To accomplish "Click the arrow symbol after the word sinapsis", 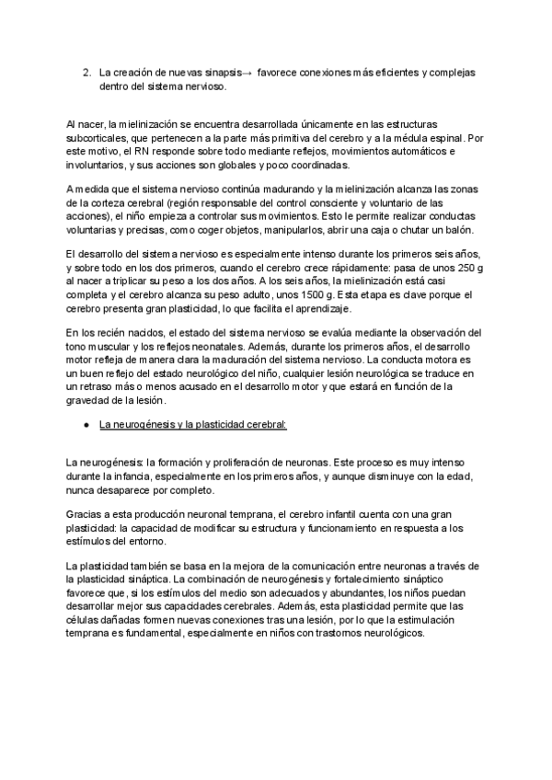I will (249, 72).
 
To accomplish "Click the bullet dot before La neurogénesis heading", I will (85, 425).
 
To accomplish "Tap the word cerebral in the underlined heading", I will (265, 425).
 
